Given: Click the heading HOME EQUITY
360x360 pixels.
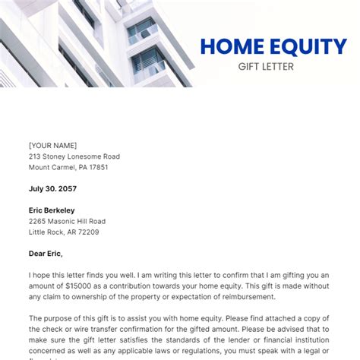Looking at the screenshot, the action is (x=273, y=47).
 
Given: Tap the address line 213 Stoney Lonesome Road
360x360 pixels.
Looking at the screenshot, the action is (x=74, y=156).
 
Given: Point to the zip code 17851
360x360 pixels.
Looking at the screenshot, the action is (x=96, y=167).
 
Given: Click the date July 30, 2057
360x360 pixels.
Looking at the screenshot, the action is (x=52, y=188).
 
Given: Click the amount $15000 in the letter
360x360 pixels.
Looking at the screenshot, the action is (x=77, y=286).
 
